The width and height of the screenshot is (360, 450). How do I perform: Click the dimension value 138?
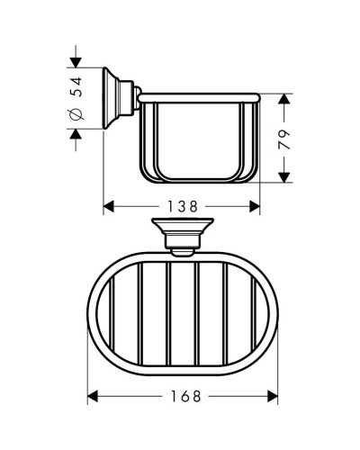pyautogui.click(x=184, y=205)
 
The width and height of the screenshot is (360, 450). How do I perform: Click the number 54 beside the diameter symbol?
pyautogui.click(x=76, y=87)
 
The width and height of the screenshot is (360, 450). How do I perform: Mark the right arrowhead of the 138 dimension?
pyautogui.click(x=256, y=205)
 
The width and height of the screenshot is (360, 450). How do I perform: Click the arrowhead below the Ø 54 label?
pyautogui.click(x=76, y=133)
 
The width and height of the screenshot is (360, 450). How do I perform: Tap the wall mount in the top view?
pyautogui.click(x=184, y=232)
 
